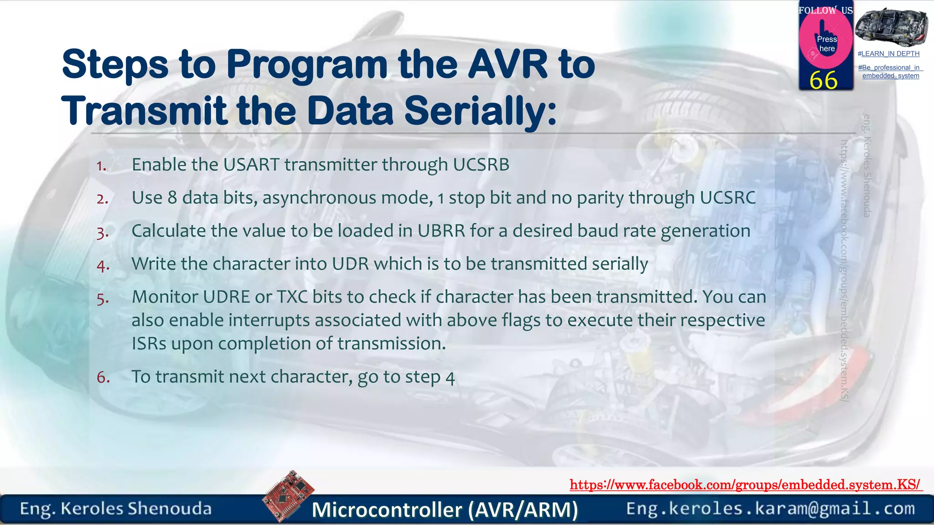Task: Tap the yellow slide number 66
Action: [x=823, y=81]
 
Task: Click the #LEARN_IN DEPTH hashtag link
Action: [x=888, y=54]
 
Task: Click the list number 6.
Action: [x=103, y=377]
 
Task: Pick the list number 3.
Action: [x=103, y=232]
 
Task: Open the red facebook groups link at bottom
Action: [x=745, y=485]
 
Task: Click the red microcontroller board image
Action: [x=288, y=495]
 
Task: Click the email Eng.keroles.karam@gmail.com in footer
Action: [x=770, y=509]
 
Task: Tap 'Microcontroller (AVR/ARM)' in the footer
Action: [x=445, y=510]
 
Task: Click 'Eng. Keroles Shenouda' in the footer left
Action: [x=116, y=509]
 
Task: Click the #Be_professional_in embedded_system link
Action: [x=890, y=72]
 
